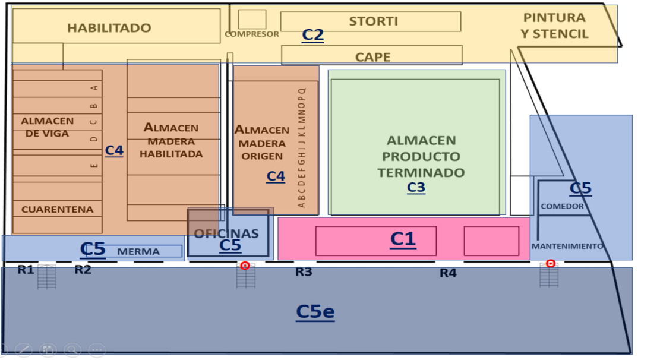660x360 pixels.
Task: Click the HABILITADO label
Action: point(109,28)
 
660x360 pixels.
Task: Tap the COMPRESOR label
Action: point(252,34)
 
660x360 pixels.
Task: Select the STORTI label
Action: point(373,21)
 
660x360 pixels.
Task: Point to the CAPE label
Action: point(373,57)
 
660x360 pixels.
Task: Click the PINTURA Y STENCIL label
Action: point(554,26)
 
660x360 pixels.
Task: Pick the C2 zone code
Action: point(312,34)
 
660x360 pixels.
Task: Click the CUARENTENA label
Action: point(57,209)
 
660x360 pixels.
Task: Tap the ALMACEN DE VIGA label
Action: point(47,127)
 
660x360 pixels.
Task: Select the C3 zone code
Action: point(416,187)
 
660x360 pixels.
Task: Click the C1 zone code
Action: point(403,239)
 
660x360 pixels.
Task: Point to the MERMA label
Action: point(138,252)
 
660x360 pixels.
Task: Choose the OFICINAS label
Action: point(226,233)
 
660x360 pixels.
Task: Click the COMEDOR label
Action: point(563,206)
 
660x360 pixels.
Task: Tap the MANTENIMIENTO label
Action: point(567,246)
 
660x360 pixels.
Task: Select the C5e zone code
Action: point(315,311)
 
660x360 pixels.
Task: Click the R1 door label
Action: point(26,270)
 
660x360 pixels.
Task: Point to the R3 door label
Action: point(304,272)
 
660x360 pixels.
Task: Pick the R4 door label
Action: point(448,273)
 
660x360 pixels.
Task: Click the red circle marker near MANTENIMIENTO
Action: point(550,264)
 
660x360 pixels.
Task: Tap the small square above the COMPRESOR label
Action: point(252,19)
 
